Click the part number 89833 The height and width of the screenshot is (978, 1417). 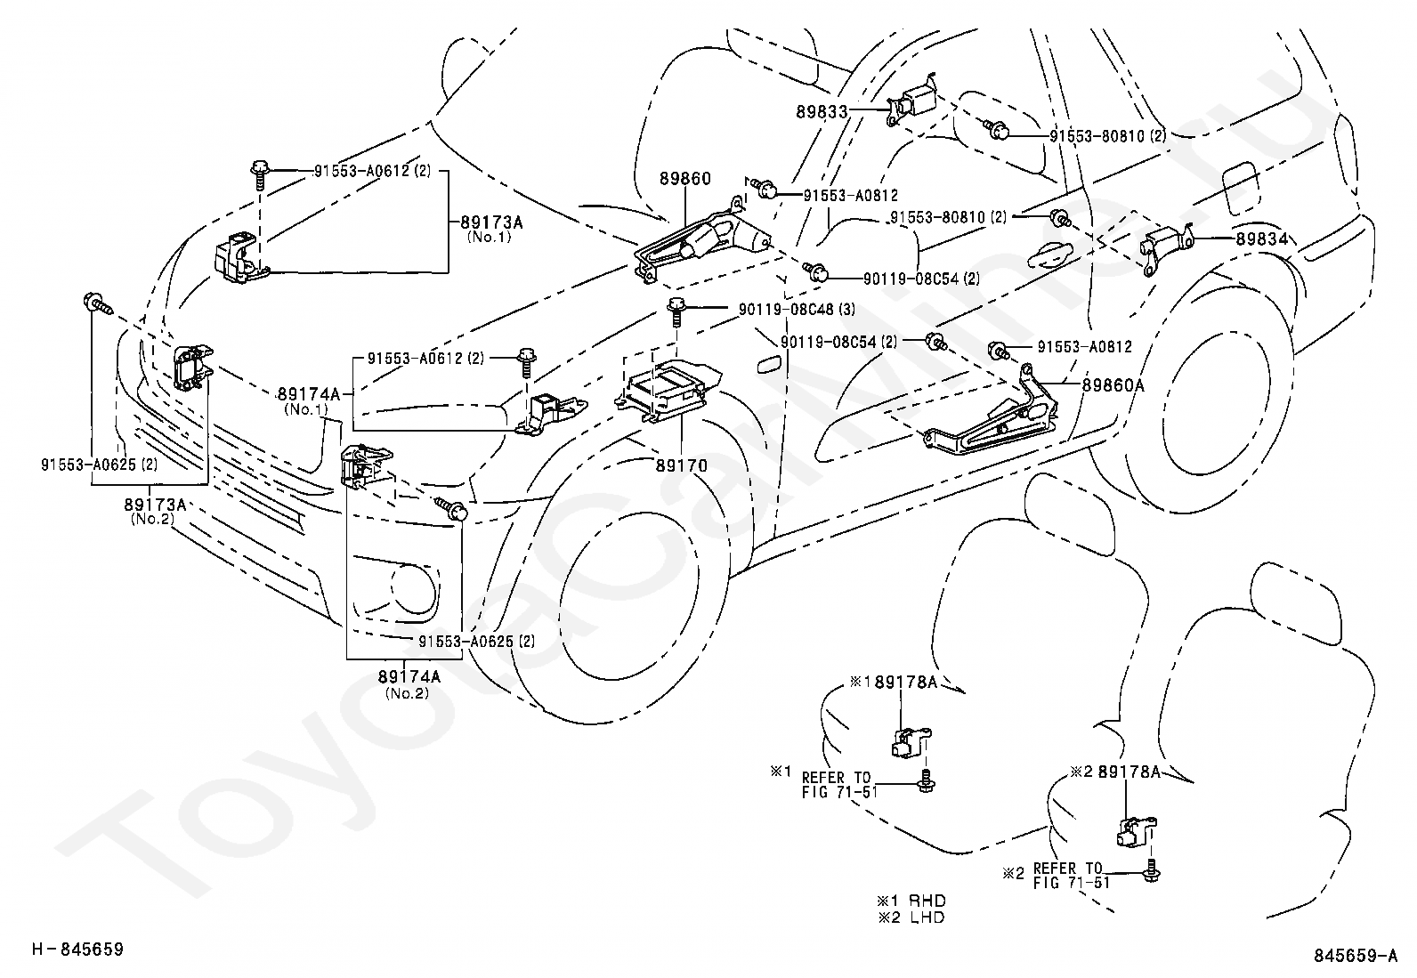tap(822, 112)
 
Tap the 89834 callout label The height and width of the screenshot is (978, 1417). tap(1262, 239)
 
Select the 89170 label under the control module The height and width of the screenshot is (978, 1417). tap(681, 465)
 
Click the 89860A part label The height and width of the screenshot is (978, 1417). tap(1113, 384)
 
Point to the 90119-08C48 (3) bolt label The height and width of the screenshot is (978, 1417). tap(798, 310)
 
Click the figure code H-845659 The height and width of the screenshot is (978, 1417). tap(77, 949)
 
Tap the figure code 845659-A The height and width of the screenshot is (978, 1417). tap(1355, 955)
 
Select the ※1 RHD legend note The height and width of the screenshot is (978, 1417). tap(911, 901)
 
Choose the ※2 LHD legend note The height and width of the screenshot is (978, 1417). tap(911, 917)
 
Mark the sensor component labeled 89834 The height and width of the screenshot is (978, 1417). tap(1167, 248)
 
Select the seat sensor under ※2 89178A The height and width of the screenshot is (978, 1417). tap(1137, 831)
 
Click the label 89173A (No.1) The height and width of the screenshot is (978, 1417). tap(491, 229)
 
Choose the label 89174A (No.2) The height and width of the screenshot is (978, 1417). tap(409, 683)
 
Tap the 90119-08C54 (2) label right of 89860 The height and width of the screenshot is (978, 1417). tap(922, 278)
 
